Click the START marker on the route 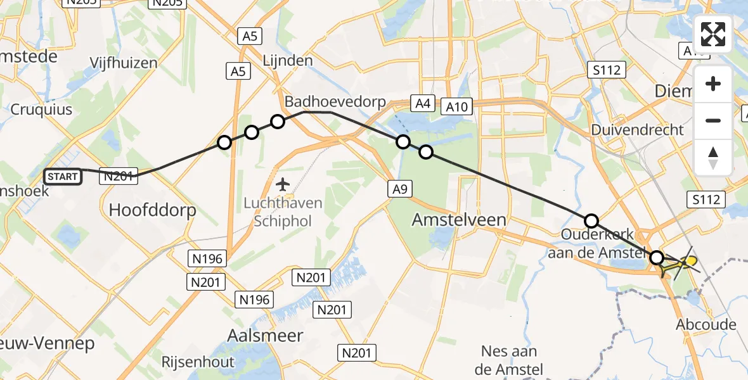click(63, 176)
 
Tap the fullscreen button click(713, 35)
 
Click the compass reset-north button click(713, 158)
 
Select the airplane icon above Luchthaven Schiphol click(283, 184)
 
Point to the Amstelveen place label click(459, 220)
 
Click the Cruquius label click(41, 109)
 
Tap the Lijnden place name click(288, 61)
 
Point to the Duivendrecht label click(637, 130)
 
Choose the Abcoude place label click(705, 325)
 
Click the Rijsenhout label click(198, 362)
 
